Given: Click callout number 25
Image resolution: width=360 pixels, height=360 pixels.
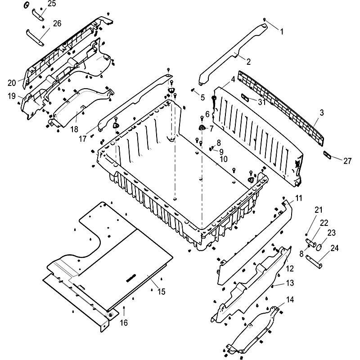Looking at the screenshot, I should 52,4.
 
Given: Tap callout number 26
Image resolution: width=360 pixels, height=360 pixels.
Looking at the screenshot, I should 57,23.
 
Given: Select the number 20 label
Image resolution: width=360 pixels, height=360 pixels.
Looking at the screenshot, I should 11,82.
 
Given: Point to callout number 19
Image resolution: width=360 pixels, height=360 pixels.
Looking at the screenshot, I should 11,96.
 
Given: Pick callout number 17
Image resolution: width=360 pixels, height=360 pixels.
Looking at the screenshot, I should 83,139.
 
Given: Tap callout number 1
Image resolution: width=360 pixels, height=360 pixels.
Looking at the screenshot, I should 282,31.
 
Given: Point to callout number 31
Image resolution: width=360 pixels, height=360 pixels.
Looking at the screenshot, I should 261,102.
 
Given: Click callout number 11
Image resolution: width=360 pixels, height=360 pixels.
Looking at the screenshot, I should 299,198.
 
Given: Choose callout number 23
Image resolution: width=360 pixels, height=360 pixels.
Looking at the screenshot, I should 332,233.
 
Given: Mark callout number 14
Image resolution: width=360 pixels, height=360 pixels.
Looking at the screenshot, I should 290,300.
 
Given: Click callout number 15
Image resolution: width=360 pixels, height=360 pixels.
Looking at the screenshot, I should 162,292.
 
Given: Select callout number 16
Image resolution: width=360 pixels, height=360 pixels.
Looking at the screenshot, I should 124,322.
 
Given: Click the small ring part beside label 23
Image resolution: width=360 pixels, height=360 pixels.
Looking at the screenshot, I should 318,246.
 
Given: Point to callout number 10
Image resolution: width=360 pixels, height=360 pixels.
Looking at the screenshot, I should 224,159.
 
